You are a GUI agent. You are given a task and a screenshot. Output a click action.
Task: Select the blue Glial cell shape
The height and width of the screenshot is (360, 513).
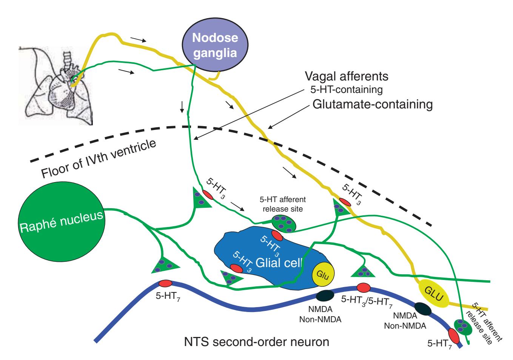[x=264, y=261]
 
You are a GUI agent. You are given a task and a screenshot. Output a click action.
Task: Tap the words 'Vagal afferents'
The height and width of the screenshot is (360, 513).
[x=346, y=77]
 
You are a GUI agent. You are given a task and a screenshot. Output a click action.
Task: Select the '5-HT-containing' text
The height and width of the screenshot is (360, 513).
[x=344, y=90]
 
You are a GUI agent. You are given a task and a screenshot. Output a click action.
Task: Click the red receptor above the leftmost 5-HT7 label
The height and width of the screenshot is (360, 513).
[x=165, y=283]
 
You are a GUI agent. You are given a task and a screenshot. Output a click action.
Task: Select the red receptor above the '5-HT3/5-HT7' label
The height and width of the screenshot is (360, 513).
[x=364, y=287]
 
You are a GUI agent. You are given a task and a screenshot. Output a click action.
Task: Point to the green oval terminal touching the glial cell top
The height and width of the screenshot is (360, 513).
[x=283, y=223]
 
